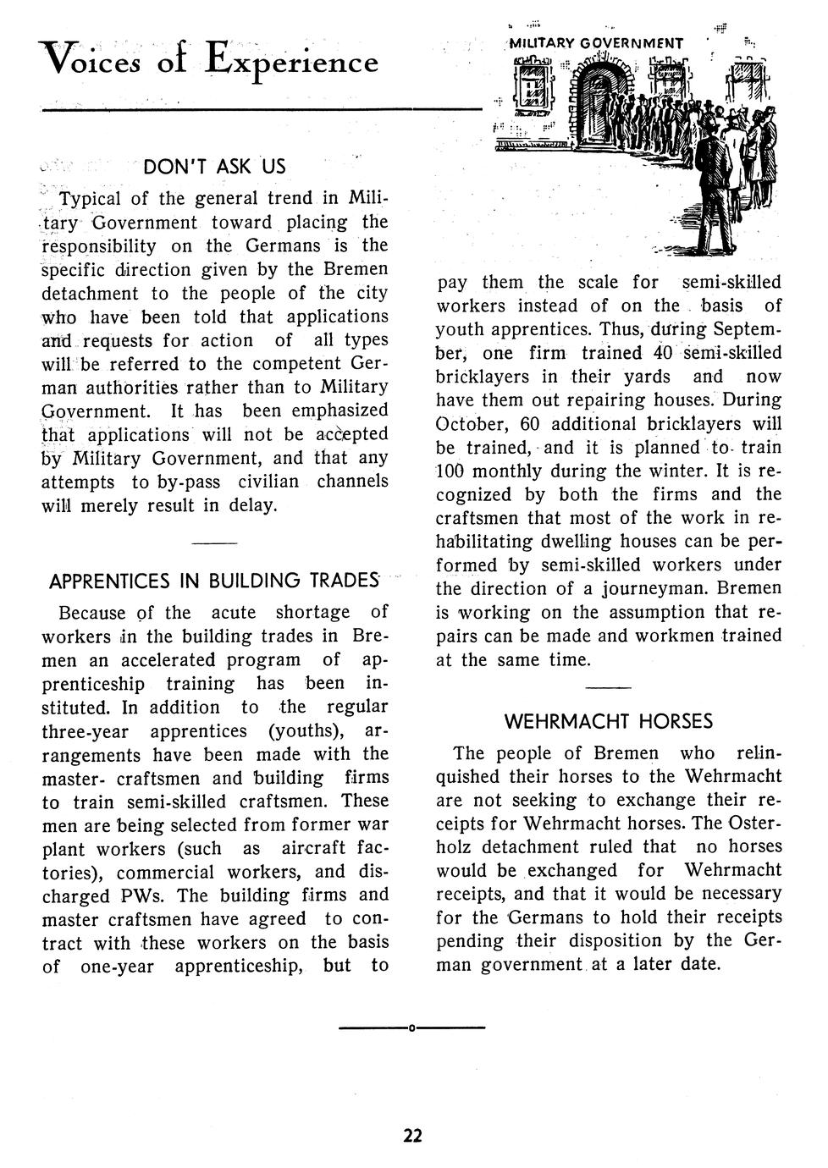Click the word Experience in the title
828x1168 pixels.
[293, 62]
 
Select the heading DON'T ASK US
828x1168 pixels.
[214, 166]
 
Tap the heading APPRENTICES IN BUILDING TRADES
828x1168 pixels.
[214, 581]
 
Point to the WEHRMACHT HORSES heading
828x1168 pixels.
[608, 722]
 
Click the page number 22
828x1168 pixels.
[412, 1135]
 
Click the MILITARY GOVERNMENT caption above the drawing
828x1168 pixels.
[597, 43]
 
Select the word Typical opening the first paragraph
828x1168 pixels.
[90, 199]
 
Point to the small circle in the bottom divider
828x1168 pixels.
[411, 1028]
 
